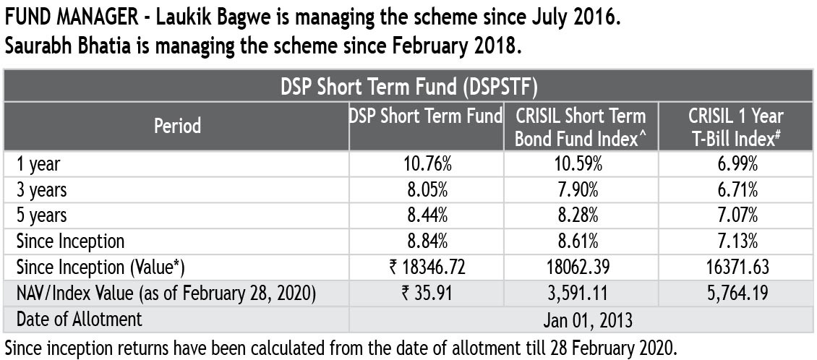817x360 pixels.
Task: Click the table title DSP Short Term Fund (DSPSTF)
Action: click(x=408, y=87)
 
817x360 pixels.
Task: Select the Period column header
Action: click(x=177, y=126)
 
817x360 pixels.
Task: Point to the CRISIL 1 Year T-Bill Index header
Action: click(x=735, y=126)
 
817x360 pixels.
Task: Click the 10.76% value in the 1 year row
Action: click(x=427, y=165)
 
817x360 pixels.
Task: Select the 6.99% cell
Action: click(x=735, y=165)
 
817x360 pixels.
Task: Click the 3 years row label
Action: click(x=42, y=190)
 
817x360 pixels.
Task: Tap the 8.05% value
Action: click(x=427, y=190)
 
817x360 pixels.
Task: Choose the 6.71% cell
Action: click(x=735, y=190)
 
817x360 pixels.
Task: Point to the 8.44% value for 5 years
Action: click(x=427, y=215)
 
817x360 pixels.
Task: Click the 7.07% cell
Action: click(x=735, y=215)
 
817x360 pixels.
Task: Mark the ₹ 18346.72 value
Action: click(x=427, y=267)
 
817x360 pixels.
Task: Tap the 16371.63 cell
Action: click(x=735, y=267)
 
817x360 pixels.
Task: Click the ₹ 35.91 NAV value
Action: click(x=427, y=293)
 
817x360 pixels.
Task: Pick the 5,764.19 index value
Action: click(x=735, y=293)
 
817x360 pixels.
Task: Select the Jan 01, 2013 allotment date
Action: click(x=581, y=319)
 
